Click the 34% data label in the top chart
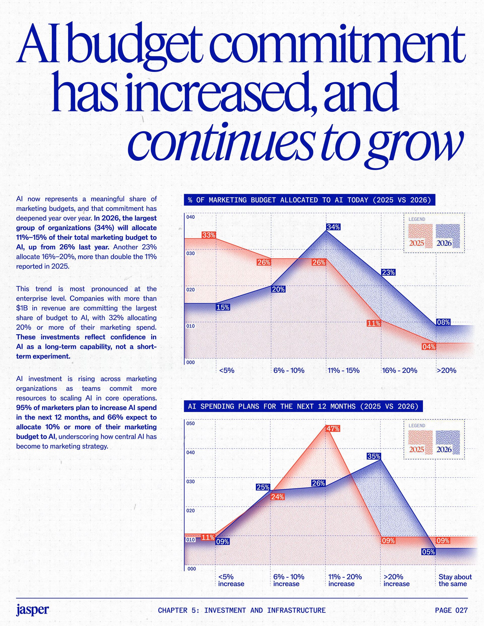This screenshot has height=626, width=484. pos(333,227)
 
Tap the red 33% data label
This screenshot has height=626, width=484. pos(208,235)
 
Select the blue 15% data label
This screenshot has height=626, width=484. pos(223,307)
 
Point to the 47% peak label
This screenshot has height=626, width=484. pos(333,428)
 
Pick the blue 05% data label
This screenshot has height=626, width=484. pos(428,551)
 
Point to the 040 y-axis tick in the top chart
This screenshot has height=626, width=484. pos(190,217)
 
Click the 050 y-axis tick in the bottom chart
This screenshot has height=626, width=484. pos(190,423)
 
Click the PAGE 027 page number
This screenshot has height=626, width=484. pos(451,610)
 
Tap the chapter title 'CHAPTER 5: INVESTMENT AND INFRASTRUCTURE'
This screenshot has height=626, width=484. pos(242,610)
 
